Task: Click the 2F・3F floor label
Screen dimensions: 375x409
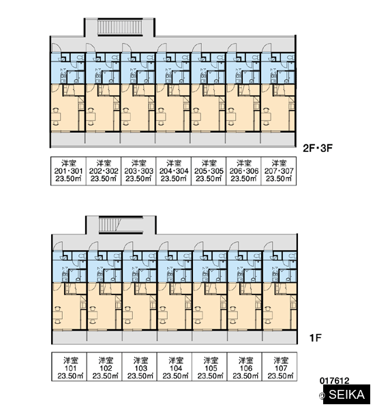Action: tap(318, 148)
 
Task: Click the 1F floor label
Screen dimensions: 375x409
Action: tap(315, 338)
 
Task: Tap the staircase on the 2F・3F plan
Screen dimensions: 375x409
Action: tap(120, 27)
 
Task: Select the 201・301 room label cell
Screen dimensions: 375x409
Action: tap(68, 171)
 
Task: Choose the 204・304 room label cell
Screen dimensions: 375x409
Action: tap(174, 171)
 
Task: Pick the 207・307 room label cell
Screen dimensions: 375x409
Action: tap(279, 171)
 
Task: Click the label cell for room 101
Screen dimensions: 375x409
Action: tap(70, 367)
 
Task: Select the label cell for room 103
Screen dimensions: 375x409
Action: tap(140, 367)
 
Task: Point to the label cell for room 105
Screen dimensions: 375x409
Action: tap(209, 367)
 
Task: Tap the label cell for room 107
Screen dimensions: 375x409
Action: tap(280, 367)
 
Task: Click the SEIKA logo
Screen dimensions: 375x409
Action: tap(346, 394)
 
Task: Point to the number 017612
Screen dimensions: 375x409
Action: tap(334, 381)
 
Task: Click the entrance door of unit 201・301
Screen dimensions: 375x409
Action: tap(56, 48)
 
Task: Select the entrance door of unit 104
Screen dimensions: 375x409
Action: tap(164, 245)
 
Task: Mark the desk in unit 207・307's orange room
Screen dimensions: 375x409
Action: tap(266, 117)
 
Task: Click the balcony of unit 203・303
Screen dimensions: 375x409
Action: tap(138, 138)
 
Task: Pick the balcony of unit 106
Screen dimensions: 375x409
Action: tap(245, 336)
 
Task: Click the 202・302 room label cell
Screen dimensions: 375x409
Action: tap(104, 171)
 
